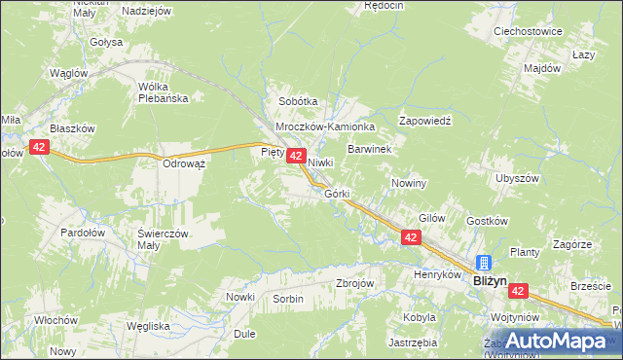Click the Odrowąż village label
tap(184, 163)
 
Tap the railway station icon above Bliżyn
tap(484, 262)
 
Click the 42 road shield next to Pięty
tap(298, 156)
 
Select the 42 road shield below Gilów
tap(411, 237)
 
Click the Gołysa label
tap(106, 42)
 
